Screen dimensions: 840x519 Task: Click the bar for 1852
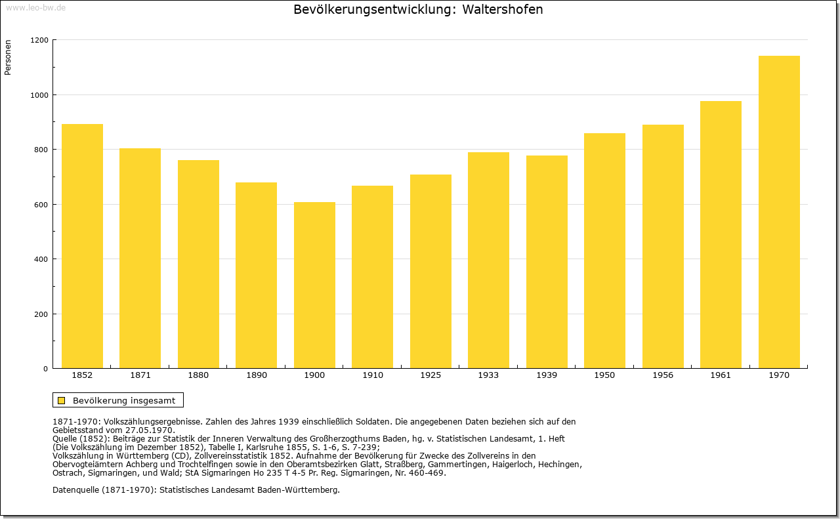pos(82,246)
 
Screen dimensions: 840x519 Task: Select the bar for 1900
pos(314,285)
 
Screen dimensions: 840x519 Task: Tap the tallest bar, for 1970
pos(779,212)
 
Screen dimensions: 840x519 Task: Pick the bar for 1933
pos(489,260)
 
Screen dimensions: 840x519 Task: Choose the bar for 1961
pos(721,235)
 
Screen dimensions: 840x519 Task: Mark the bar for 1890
pos(256,276)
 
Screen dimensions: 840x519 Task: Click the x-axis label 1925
pos(430,375)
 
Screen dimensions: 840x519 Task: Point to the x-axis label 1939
pos(547,375)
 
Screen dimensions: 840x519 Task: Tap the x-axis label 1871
pos(140,375)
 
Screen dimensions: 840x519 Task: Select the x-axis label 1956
pos(663,375)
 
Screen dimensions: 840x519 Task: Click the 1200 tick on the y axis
pos(39,40)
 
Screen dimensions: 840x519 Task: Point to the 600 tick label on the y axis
pos(41,205)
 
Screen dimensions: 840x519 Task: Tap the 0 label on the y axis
pos(46,369)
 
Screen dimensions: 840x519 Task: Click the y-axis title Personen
pos(8,57)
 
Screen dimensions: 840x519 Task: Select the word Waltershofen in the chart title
pos(503,10)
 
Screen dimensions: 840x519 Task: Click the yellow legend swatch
pos(62,400)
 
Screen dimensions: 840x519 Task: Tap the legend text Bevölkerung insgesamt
pos(124,400)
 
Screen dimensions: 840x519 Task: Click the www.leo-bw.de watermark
pos(36,8)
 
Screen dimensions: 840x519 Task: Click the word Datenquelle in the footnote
pos(76,490)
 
